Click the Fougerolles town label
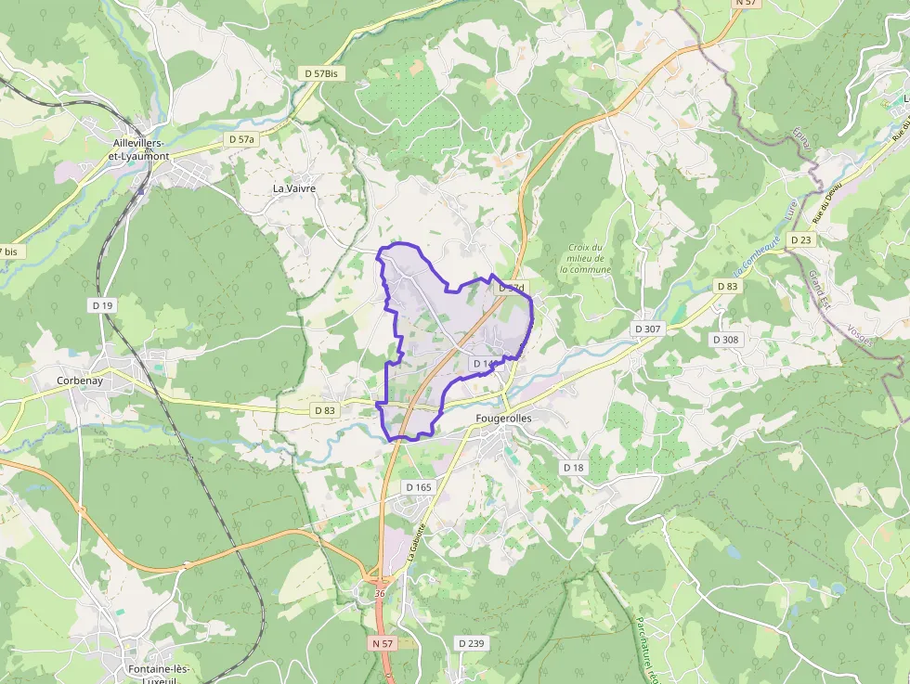pos(503,419)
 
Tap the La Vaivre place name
pos(293,188)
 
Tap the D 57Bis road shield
pos(320,72)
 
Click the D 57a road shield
pos(240,139)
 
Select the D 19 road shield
pos(102,304)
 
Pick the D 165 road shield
pos(419,487)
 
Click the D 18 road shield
pos(574,468)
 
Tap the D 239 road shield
pos(471,643)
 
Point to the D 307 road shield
pos(647,329)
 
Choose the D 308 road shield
pos(726,340)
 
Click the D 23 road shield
pos(800,239)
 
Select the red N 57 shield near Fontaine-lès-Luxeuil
pos(382,643)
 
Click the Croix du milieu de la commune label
pos(586,258)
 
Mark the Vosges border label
pos(860,335)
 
